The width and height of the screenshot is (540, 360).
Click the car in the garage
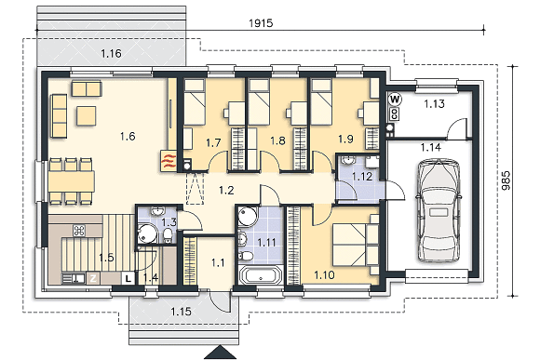[439, 210]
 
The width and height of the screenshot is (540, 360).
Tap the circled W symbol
[395, 100]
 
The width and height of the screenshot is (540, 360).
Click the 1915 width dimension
[261, 23]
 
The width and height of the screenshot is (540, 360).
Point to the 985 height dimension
[506, 180]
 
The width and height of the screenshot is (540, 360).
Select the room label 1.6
[128, 137]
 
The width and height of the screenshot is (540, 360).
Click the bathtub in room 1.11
[261, 275]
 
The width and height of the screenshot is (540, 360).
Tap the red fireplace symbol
[169, 160]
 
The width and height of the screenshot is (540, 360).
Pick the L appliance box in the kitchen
[128, 278]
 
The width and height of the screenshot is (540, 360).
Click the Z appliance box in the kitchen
[93, 278]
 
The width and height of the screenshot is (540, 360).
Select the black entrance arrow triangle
[221, 353]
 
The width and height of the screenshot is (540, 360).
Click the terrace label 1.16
[111, 53]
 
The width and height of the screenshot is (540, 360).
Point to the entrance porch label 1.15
[182, 312]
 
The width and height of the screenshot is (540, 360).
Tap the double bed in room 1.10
[356, 245]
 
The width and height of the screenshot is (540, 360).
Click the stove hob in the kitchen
[79, 231]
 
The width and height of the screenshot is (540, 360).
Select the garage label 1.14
[430, 147]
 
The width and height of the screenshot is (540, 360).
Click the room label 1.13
[434, 103]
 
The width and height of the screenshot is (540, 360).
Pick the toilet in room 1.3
[168, 235]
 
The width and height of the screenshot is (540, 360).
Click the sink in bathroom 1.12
[348, 160]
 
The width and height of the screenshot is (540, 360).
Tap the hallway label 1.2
[226, 190]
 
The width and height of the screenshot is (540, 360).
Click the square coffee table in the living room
[86, 115]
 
